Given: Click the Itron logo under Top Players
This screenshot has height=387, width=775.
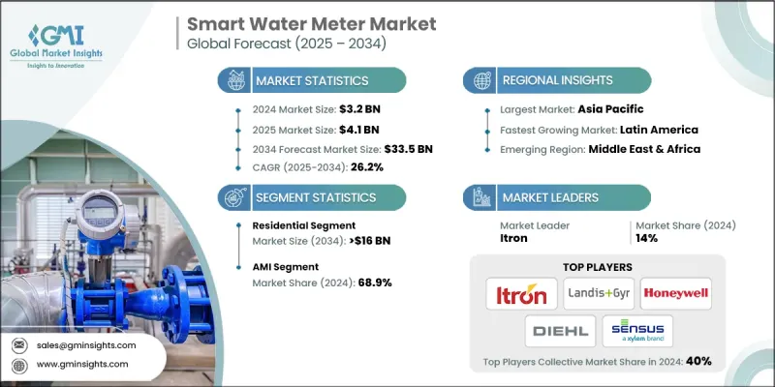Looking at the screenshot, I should point(520,290).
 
